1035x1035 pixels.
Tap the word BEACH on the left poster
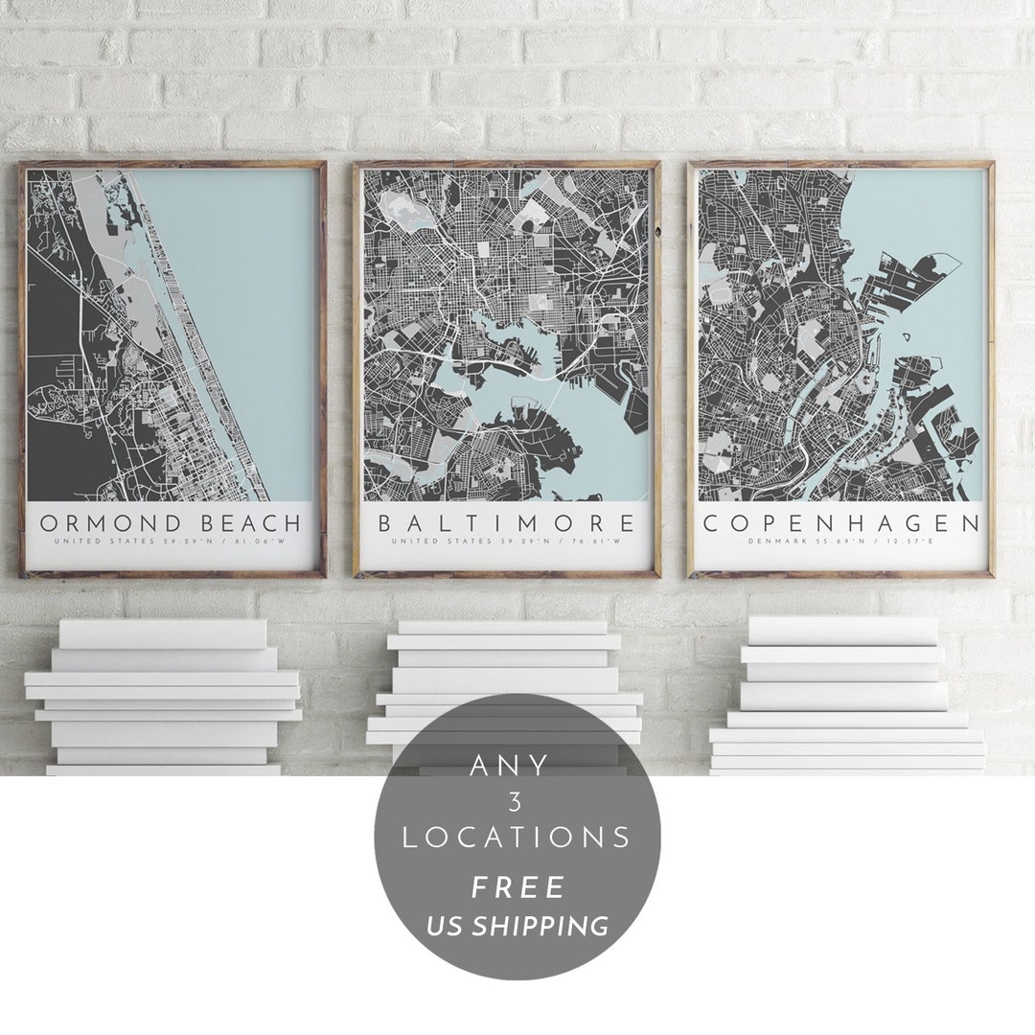point(248,523)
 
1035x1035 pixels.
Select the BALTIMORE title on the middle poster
point(506,523)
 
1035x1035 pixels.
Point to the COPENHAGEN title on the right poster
point(841,523)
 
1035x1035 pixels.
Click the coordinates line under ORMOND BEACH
point(171,542)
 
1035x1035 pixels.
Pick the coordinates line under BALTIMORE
point(506,542)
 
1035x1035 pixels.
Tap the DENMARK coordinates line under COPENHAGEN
point(841,542)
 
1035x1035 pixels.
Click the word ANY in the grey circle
point(510,767)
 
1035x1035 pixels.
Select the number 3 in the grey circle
point(515,802)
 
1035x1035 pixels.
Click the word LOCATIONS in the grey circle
point(517,838)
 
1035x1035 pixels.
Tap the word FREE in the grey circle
point(517,887)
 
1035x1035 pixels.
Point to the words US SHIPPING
point(517,926)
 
